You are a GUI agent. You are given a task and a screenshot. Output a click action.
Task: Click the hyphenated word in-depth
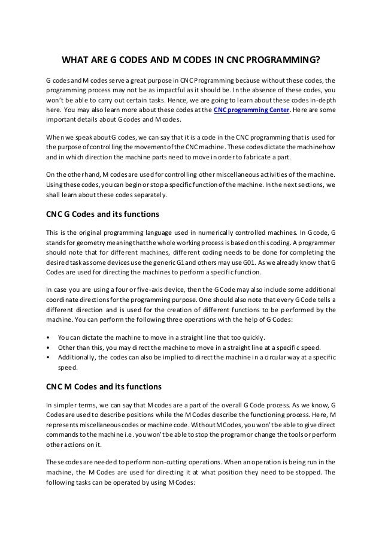tap(321, 98)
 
